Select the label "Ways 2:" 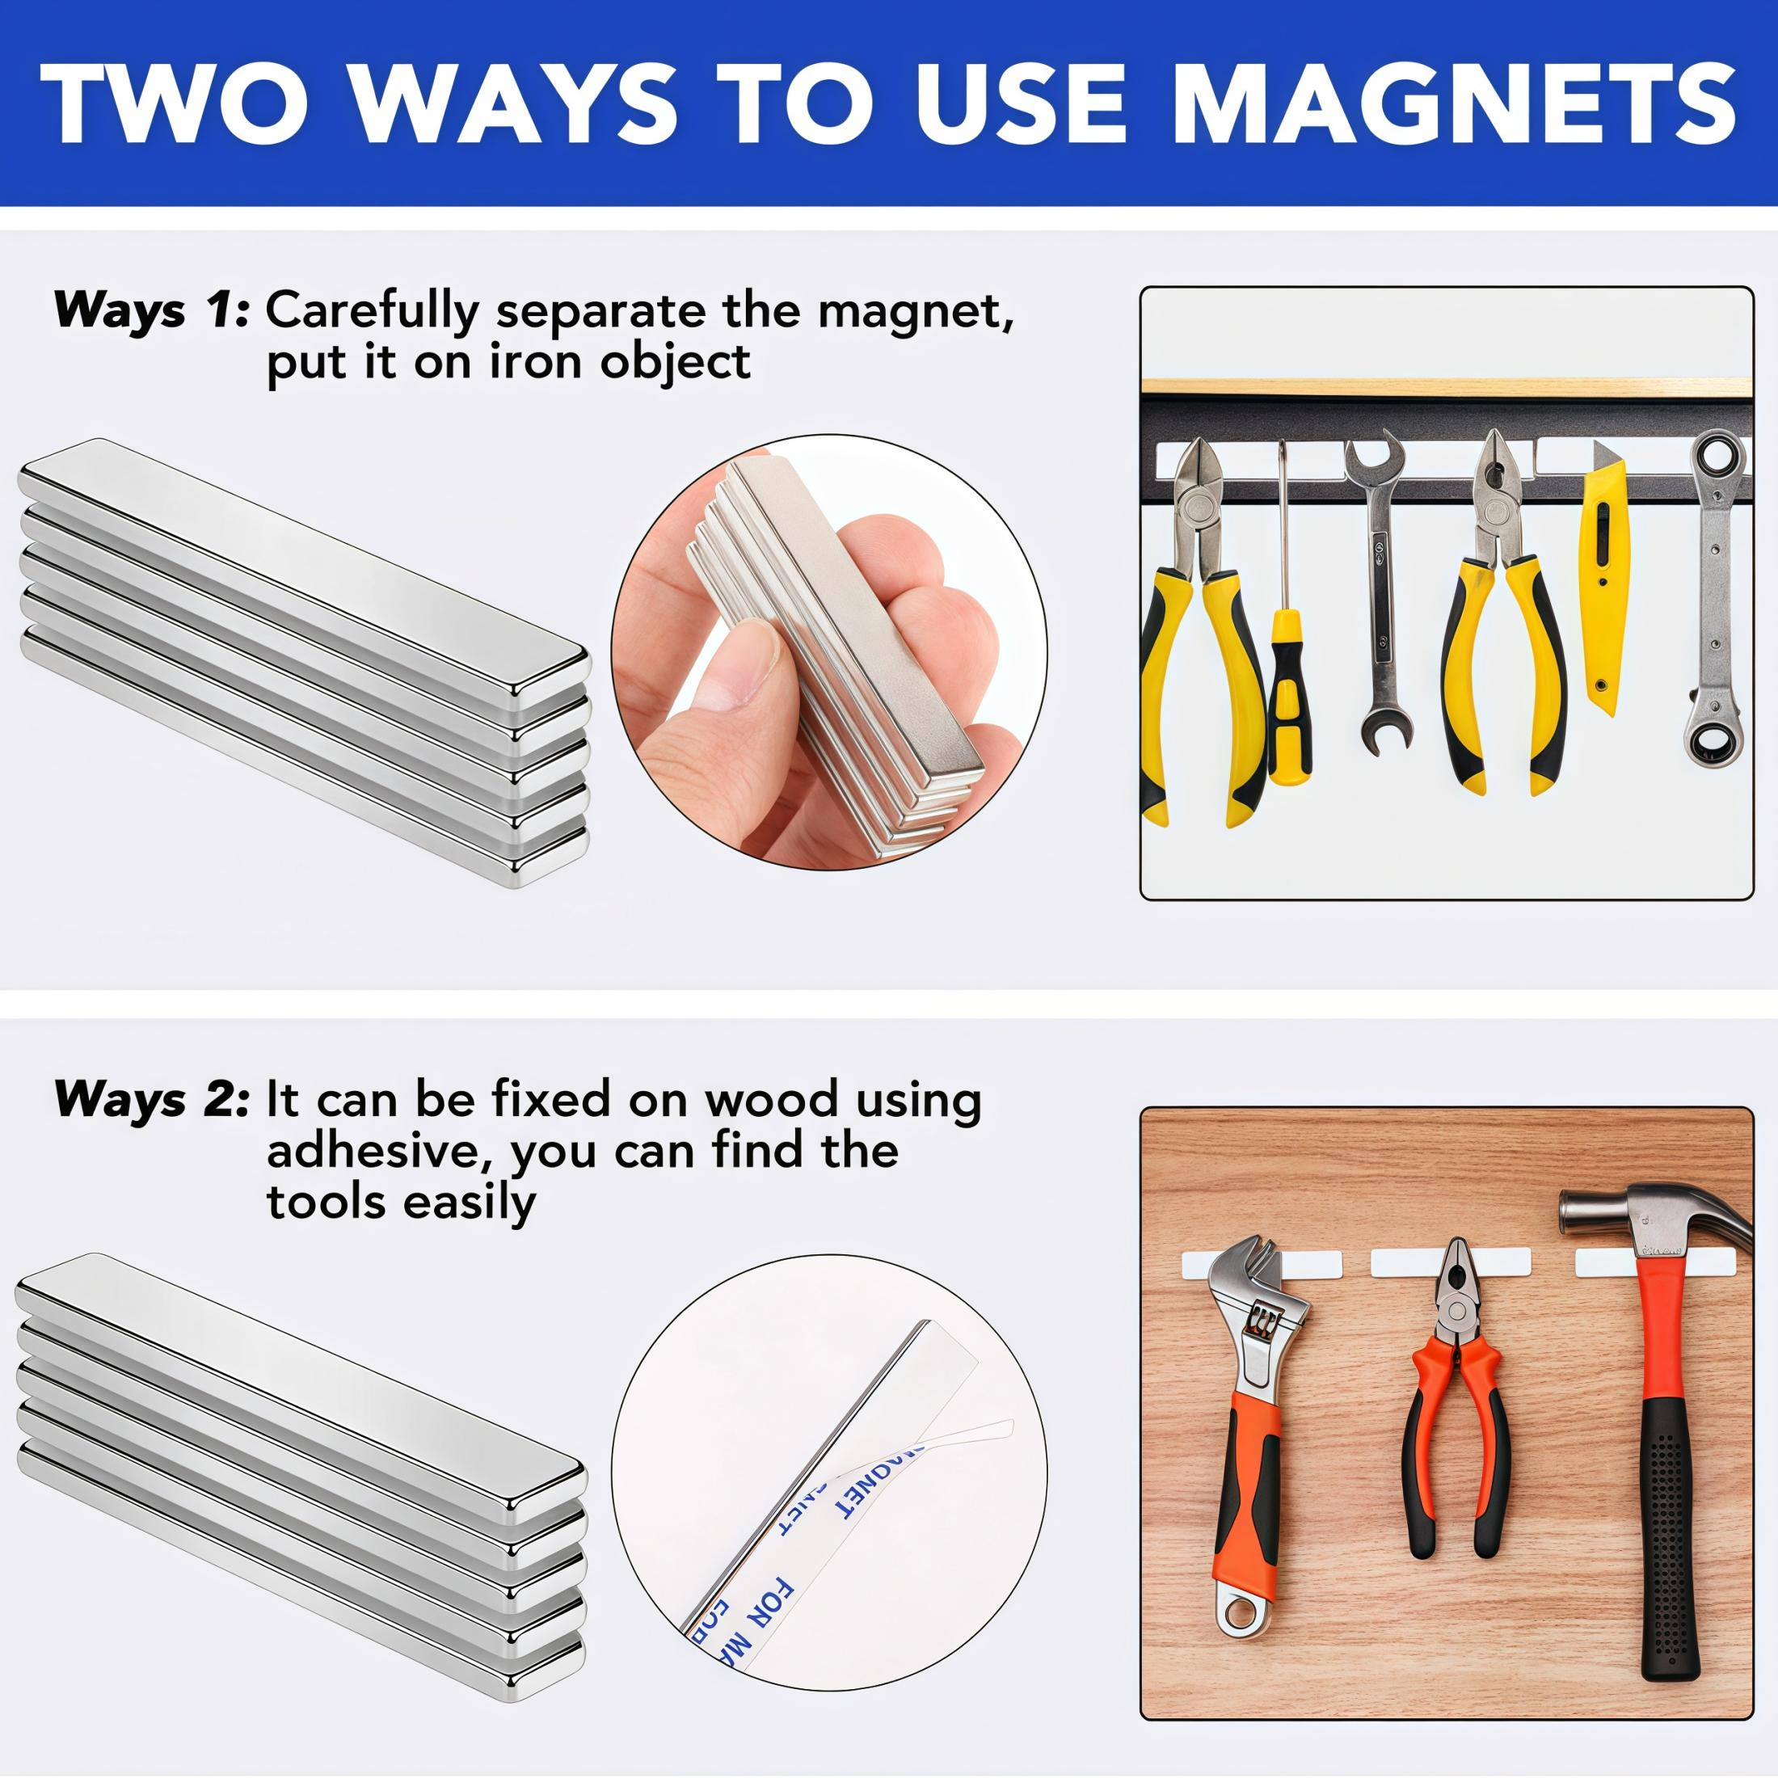[x=151, y=1101]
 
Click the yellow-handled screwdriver [x=1285, y=663]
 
